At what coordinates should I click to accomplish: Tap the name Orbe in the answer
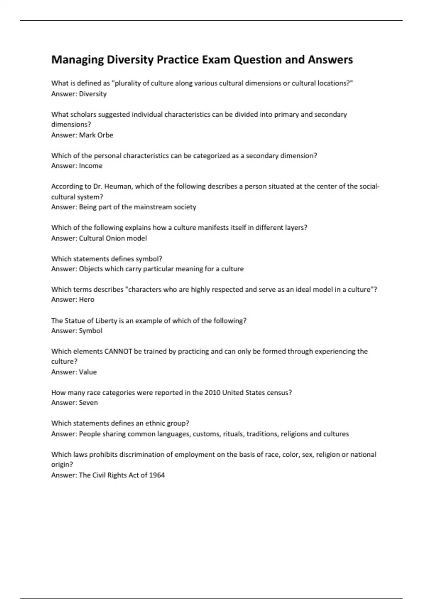(x=105, y=135)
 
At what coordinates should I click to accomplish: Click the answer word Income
(x=91, y=166)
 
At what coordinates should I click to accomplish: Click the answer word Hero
(x=87, y=299)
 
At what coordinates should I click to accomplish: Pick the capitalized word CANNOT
(x=118, y=351)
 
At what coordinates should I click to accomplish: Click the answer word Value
(x=88, y=372)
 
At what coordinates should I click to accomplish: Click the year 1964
(x=157, y=475)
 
